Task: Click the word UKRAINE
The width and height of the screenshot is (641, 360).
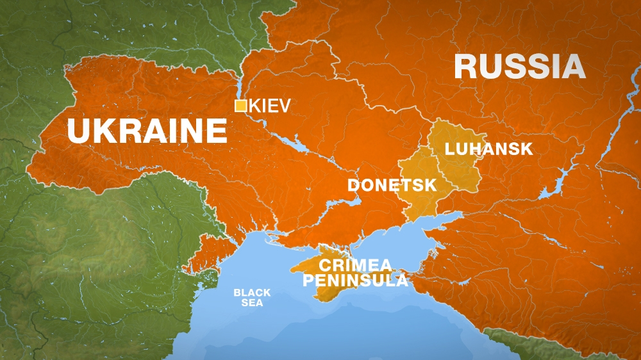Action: (x=147, y=131)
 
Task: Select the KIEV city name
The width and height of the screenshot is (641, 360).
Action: (x=269, y=106)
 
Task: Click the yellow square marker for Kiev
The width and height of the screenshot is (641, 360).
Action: (x=240, y=106)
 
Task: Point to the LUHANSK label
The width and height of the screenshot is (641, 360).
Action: (x=489, y=149)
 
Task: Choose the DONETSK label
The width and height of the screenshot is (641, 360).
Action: (x=392, y=185)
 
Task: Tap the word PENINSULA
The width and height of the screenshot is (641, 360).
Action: (x=355, y=280)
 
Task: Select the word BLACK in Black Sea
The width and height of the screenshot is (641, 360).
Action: (x=251, y=293)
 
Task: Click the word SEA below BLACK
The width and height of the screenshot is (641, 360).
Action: (x=252, y=302)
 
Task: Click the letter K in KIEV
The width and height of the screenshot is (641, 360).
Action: (x=254, y=106)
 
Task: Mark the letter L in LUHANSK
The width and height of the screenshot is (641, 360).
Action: (x=449, y=149)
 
